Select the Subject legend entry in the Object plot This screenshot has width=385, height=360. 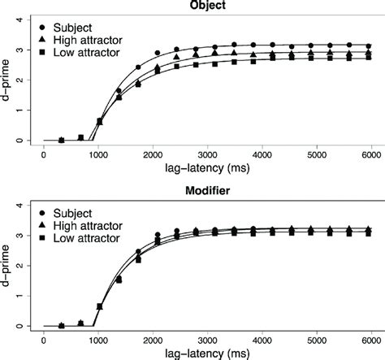[x=86, y=24]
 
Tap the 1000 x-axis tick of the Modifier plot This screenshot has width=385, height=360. [x=98, y=340]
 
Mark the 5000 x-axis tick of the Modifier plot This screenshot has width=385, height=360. [x=318, y=340]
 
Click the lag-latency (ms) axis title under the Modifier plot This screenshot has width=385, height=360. [x=209, y=353]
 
